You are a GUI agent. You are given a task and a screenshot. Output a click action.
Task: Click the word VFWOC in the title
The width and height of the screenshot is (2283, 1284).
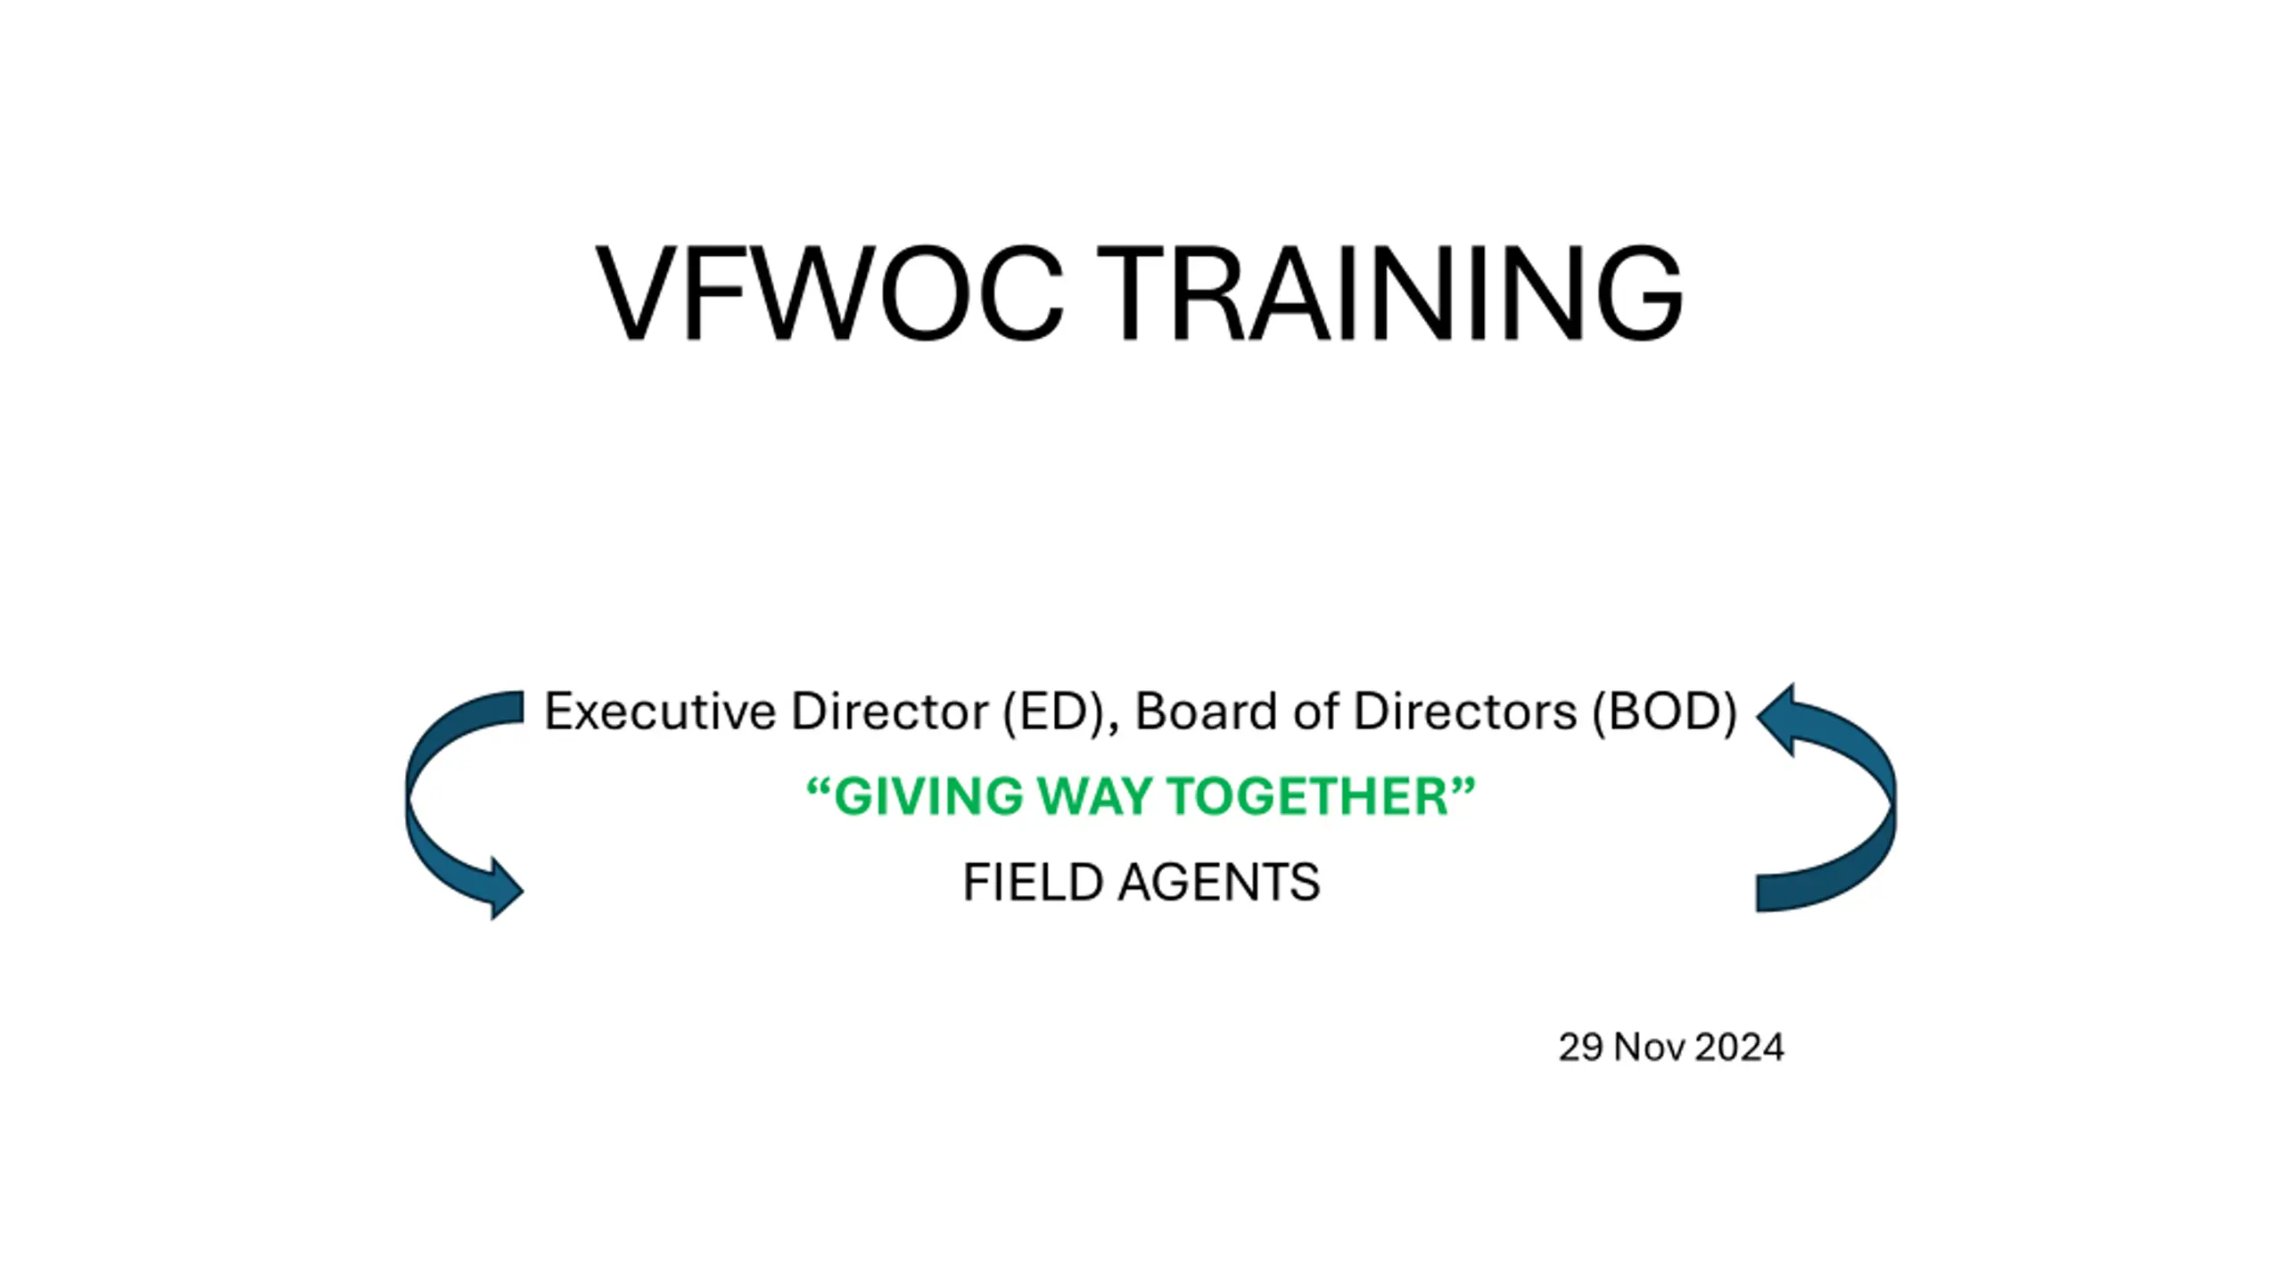click(x=829, y=292)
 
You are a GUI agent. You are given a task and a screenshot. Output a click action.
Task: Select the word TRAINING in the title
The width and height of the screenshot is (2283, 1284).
click(x=1389, y=292)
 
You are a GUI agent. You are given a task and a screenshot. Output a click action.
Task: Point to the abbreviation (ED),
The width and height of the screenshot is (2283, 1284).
click(x=1060, y=712)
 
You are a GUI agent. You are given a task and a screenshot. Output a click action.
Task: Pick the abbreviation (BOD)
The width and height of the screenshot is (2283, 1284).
click(x=1665, y=712)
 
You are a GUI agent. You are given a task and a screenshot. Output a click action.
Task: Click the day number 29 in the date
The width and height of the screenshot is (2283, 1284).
click(x=1580, y=1048)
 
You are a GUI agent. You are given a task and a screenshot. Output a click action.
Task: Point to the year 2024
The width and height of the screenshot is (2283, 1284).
click(x=1739, y=1048)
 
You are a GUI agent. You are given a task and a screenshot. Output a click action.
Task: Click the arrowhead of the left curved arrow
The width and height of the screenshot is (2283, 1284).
click(x=505, y=888)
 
